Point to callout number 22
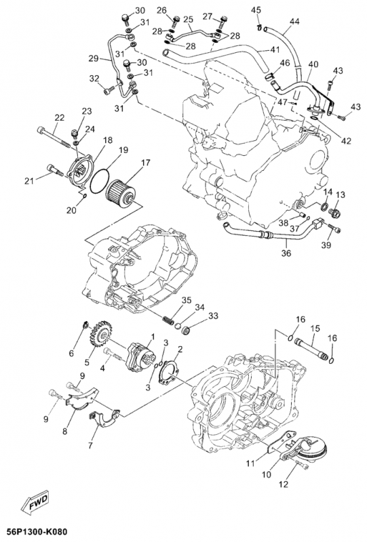(x=59, y=117)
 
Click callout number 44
(x=294, y=22)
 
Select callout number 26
(x=161, y=10)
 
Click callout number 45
(x=256, y=10)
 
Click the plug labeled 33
(x=193, y=331)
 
